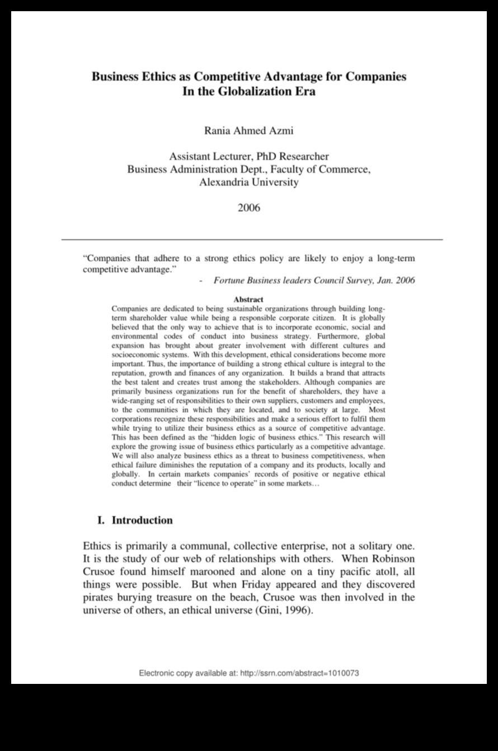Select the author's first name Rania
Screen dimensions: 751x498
[x=219, y=131]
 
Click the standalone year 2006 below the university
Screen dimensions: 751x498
[x=248, y=207]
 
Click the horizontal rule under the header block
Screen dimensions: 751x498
[x=252, y=239]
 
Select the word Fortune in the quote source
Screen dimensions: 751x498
[x=230, y=280]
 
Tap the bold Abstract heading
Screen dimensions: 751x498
[x=248, y=300]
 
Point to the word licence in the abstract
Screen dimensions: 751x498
[x=209, y=483]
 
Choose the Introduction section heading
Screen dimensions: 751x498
[x=142, y=520]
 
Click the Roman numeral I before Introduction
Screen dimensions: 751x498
[x=101, y=520]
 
